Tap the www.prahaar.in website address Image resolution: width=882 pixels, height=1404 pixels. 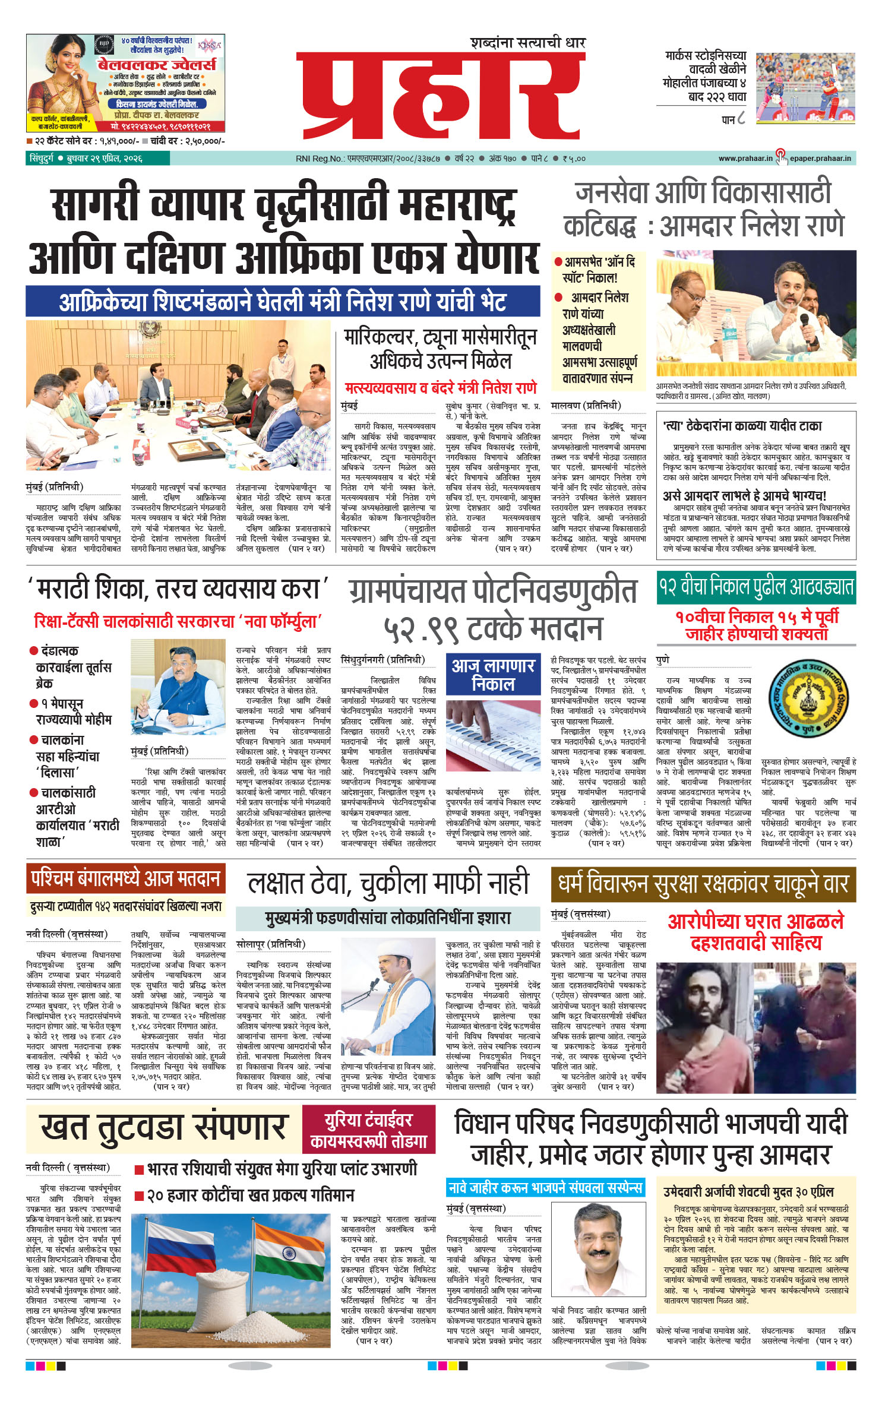click(745, 159)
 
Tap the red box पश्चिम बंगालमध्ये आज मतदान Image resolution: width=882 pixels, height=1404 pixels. click(126, 878)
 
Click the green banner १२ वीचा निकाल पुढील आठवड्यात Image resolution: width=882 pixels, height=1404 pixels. click(755, 587)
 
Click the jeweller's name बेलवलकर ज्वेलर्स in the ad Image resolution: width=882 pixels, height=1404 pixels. click(157, 65)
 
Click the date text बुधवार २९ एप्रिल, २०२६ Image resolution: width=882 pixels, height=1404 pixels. click(105, 159)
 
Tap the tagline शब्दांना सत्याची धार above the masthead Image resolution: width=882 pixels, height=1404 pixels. click(528, 43)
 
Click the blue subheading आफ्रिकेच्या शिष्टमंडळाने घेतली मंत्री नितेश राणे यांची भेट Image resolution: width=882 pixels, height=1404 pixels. click(283, 301)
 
